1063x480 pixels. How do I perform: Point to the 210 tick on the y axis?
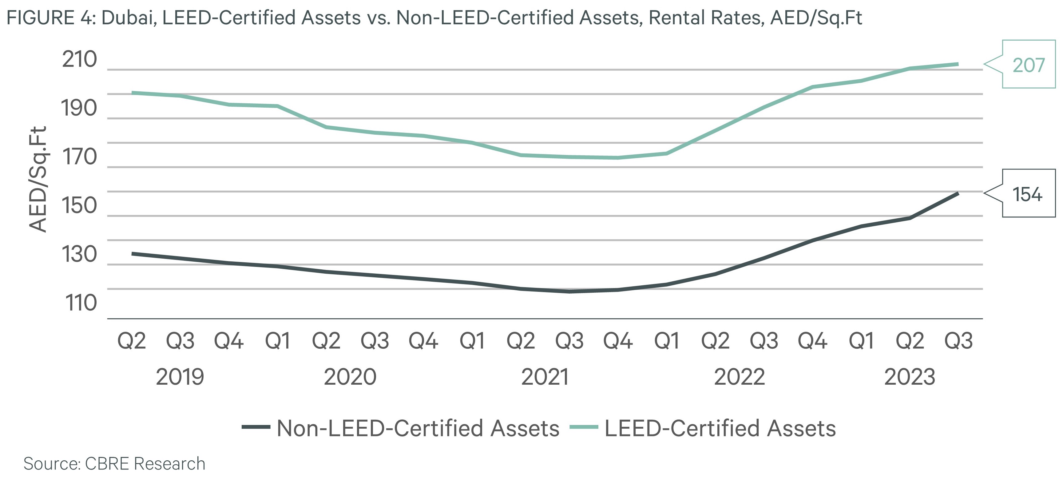[80, 60]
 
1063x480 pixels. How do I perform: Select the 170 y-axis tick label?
[80, 157]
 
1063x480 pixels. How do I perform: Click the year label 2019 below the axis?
[180, 377]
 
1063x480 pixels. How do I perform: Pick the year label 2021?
[545, 377]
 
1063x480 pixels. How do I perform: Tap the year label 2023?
[910, 377]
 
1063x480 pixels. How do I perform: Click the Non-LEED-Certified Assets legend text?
[418, 428]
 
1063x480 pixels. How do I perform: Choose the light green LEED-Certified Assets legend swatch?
[584, 427]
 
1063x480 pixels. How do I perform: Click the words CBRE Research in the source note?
[145, 463]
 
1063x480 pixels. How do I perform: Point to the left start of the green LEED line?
[133, 93]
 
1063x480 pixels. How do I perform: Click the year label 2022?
[739, 377]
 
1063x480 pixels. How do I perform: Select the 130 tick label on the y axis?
[80, 254]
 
